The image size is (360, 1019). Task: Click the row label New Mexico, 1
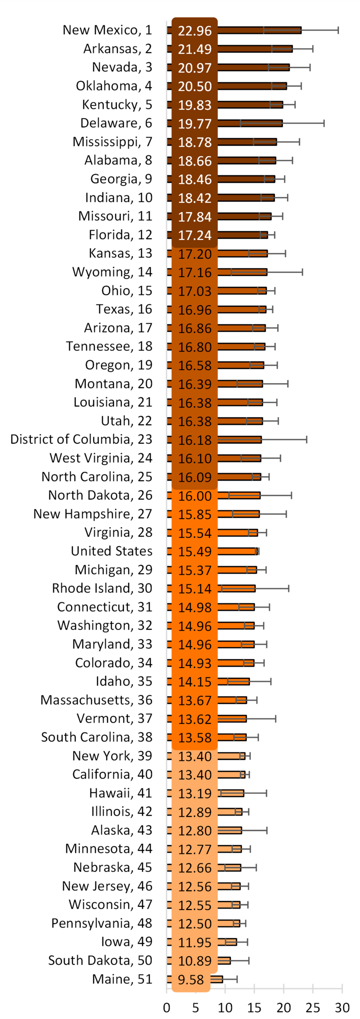[x=107, y=30]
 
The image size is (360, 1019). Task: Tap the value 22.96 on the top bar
[x=194, y=31]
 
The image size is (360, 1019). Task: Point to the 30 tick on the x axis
[x=342, y=1007]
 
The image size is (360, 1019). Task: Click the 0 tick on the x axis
[x=167, y=1007]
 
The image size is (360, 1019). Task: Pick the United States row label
[x=112, y=551]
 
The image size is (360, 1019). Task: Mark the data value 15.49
[x=194, y=552]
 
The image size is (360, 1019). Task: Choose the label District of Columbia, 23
[x=81, y=439]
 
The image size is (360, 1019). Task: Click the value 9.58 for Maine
[x=191, y=980]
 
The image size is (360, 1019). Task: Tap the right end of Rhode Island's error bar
[x=289, y=588]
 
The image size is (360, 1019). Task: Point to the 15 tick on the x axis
[x=254, y=1007]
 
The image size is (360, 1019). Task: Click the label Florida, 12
[x=120, y=235]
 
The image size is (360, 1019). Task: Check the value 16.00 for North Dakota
[x=194, y=496]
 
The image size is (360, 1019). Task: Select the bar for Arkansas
[x=255, y=49]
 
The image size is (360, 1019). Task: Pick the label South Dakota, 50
[x=100, y=960]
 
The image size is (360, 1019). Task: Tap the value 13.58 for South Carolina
[x=194, y=738]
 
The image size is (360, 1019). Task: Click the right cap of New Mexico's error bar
[x=338, y=30]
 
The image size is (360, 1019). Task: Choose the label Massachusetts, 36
[x=96, y=700]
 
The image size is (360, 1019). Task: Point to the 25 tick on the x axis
[x=313, y=1007]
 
